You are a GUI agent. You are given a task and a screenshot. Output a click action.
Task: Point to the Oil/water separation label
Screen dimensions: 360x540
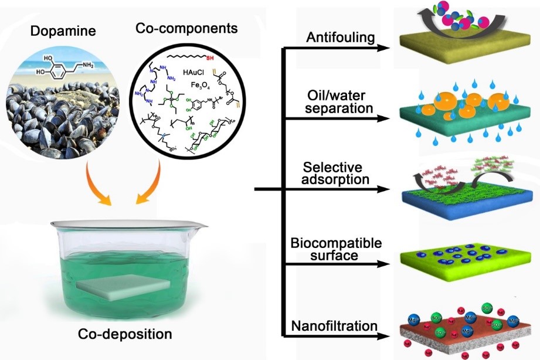tap(340, 101)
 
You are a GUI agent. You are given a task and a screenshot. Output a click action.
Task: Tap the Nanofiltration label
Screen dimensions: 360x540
tap(339, 325)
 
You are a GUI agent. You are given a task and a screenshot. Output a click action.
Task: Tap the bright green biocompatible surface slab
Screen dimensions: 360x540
tap(463, 261)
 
